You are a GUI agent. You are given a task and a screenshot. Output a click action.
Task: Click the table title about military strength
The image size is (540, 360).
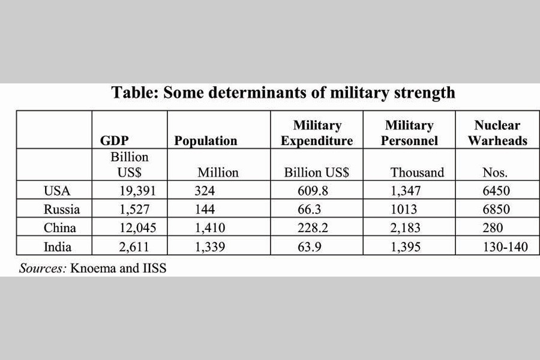283,93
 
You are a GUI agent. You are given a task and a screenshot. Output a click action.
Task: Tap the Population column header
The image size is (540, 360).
206,141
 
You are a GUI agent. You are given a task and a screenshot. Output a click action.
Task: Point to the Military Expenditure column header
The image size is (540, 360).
317,133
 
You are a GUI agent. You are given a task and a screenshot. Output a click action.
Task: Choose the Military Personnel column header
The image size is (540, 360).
409,133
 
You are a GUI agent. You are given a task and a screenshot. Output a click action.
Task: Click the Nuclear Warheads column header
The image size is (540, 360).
497,133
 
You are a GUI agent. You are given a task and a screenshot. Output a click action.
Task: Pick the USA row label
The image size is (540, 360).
58,191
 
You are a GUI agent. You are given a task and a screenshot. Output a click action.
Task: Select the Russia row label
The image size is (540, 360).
62,209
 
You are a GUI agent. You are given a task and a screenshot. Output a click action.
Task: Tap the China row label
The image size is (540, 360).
60,228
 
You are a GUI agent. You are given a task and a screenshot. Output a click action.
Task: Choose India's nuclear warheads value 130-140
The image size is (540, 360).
505,247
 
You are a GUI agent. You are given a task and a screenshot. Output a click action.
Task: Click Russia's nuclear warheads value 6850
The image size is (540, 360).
496,209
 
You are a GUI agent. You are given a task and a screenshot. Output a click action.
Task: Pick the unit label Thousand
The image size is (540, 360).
417,173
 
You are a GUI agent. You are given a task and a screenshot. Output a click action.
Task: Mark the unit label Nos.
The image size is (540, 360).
495,173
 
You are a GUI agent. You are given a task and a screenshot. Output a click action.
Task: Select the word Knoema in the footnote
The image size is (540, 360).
91,268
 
